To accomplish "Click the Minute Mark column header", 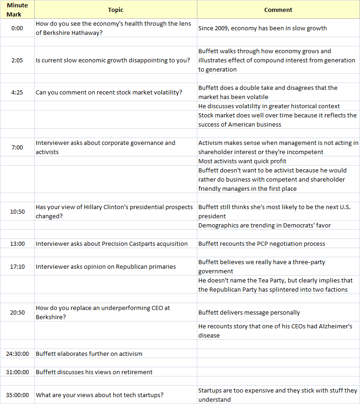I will [17, 10].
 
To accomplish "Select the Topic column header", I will [116, 10].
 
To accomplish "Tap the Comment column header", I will [278, 10].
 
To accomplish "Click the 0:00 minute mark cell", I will [17, 28].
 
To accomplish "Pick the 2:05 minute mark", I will [17, 60].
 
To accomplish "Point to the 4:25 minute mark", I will [17, 92].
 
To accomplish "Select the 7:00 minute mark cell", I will [17, 147].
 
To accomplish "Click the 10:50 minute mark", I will [17, 211].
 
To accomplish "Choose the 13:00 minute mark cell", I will [17, 244].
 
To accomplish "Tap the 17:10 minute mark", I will [17, 266].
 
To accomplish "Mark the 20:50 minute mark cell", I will [17, 312].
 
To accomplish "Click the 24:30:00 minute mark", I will [17, 354].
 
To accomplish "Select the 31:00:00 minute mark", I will [17, 372].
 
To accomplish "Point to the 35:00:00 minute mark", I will [17, 395].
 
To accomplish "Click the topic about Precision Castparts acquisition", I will [112, 244].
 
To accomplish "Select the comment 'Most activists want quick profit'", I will [242, 161].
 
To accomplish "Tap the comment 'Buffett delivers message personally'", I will [249, 312].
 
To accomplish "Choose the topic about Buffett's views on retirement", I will [94, 372].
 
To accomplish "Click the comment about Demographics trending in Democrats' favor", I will [264, 225].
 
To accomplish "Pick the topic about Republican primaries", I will [106, 266].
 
